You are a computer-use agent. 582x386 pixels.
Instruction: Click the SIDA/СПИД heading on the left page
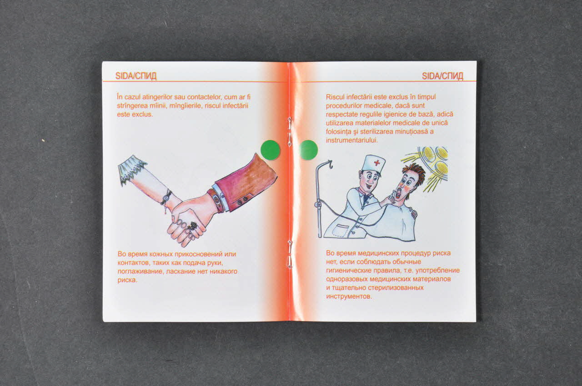[x=136, y=76]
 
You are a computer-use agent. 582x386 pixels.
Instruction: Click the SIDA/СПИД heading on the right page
[x=442, y=76]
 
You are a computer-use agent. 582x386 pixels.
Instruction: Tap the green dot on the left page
[x=270, y=150]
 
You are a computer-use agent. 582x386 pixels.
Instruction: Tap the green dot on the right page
[x=309, y=150]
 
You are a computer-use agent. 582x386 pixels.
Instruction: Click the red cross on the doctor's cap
[x=377, y=163]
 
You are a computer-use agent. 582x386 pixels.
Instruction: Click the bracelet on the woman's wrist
[x=166, y=198]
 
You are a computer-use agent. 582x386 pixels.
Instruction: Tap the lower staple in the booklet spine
[x=290, y=254]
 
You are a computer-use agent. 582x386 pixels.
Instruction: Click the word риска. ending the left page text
[x=127, y=281]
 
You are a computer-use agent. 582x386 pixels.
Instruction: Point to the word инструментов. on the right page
[x=349, y=297]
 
